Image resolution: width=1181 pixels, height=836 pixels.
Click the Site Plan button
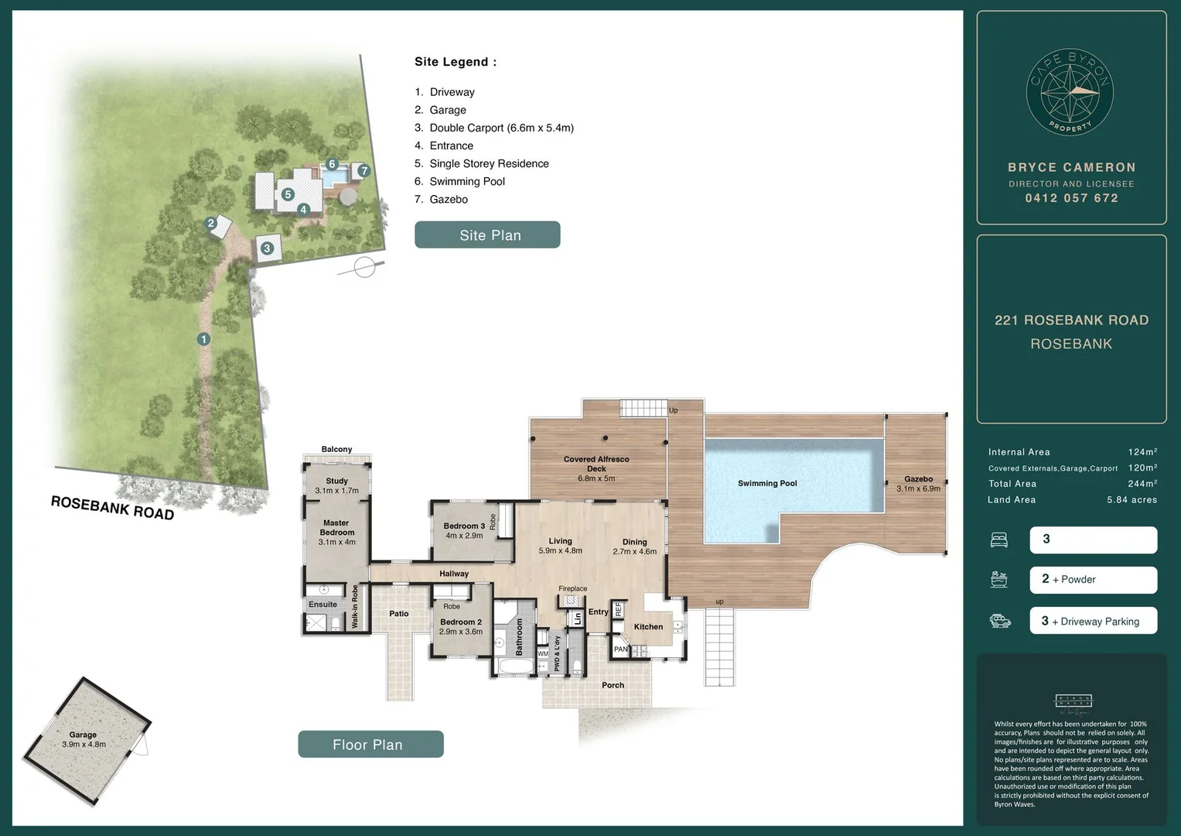pos(487,235)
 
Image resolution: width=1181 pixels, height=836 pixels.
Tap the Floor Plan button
pos(370,744)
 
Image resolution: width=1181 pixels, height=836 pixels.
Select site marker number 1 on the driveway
pos(203,339)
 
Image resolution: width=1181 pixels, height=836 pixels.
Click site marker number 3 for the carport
pos(267,248)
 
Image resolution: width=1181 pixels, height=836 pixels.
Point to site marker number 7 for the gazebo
pos(364,171)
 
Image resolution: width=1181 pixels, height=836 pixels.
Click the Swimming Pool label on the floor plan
pos(766,483)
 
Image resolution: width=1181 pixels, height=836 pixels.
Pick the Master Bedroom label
pos(336,528)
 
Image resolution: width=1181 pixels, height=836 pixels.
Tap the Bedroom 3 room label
pos(464,526)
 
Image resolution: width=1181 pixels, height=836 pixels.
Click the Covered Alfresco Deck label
pos(596,464)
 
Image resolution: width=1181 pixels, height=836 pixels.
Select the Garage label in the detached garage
pos(83,735)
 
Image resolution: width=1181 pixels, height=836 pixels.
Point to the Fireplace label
pos(572,588)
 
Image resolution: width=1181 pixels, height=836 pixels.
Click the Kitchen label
pos(648,627)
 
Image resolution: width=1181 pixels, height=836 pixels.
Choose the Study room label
pos(336,481)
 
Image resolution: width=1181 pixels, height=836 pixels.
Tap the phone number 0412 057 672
pos(1071,198)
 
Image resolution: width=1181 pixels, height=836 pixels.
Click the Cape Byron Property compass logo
pos(1070,94)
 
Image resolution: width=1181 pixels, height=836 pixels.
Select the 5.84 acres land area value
pos(1132,500)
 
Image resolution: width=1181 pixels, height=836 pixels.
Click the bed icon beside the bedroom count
pos(999,540)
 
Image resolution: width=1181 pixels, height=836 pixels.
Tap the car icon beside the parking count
pos(1000,621)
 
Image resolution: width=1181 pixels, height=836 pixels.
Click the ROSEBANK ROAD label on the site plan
pos(112,507)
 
